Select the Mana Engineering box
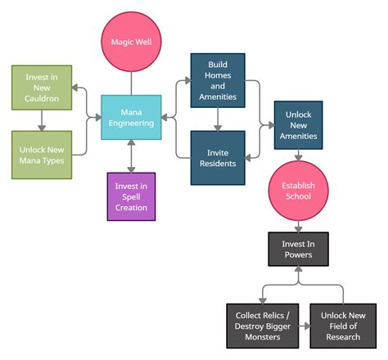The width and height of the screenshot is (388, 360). click(x=131, y=118)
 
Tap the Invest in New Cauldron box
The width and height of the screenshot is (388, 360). click(x=41, y=88)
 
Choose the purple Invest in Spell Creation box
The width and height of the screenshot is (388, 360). click(x=131, y=196)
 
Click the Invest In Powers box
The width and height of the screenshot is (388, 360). click(x=299, y=248)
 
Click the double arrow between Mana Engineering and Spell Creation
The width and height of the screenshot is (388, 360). click(x=131, y=156)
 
